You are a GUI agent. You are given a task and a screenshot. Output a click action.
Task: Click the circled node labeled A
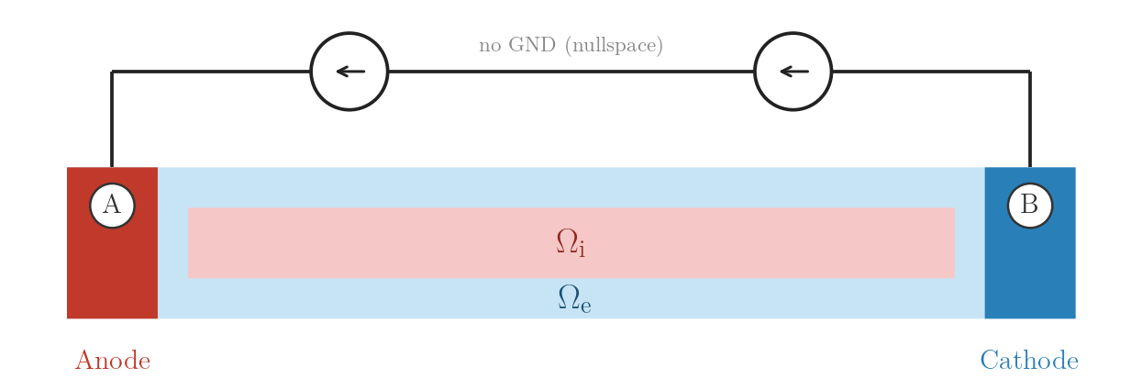pos(112,206)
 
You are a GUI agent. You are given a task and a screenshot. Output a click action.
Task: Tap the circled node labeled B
pos(1030,206)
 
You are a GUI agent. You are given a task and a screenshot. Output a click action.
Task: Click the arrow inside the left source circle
pos(350,72)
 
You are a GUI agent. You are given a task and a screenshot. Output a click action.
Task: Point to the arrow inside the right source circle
pos(794,72)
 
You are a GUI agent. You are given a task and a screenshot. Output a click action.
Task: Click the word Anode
pos(113,361)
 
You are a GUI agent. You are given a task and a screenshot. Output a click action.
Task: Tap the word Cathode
pos(1029,361)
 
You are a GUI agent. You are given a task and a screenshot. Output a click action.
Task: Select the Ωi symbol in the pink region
pos(571,242)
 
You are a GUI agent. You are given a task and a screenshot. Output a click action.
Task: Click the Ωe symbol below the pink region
pos(574,298)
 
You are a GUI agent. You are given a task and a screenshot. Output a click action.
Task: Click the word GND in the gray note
pos(532,45)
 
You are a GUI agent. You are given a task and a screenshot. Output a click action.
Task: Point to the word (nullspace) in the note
pos(614,45)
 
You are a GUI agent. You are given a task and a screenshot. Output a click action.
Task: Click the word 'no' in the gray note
pos(490,47)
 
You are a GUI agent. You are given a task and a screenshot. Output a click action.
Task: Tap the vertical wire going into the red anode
pos(112,119)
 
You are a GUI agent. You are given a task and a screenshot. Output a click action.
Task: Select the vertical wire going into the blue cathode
pos(1030,119)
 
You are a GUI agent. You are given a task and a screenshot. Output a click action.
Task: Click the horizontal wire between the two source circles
pos(571,72)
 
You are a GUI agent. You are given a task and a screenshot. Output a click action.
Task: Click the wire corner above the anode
pos(112,72)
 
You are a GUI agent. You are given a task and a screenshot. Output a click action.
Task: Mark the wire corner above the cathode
pos(1030,72)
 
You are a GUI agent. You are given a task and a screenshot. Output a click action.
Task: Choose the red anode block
pos(112,270)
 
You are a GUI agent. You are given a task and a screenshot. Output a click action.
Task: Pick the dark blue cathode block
pos(1030,270)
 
